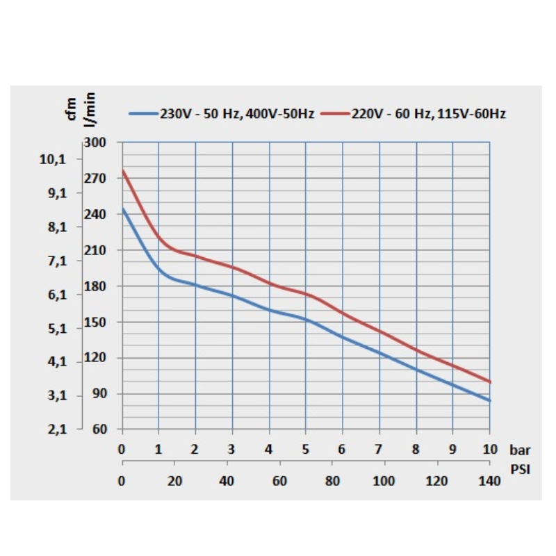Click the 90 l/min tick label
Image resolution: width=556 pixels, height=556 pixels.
pos(97,393)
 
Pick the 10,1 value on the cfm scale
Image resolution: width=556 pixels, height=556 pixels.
pos(53,159)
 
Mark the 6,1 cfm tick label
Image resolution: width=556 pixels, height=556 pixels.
pos(53,295)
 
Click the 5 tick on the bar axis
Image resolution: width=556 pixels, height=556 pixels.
pos(306,449)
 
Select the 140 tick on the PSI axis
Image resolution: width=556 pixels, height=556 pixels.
pos(489,480)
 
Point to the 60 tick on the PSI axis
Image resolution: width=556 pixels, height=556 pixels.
pos(279,480)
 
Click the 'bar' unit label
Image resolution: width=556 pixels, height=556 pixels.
pos(520,450)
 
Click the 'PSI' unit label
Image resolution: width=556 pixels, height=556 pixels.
pos(520,469)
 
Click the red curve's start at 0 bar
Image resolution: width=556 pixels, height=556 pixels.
pos(123,170)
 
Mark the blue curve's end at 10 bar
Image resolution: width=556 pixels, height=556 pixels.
pos(490,400)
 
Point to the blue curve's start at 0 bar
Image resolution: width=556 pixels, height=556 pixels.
pos(123,208)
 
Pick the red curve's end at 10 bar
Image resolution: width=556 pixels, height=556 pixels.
pos(490,382)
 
